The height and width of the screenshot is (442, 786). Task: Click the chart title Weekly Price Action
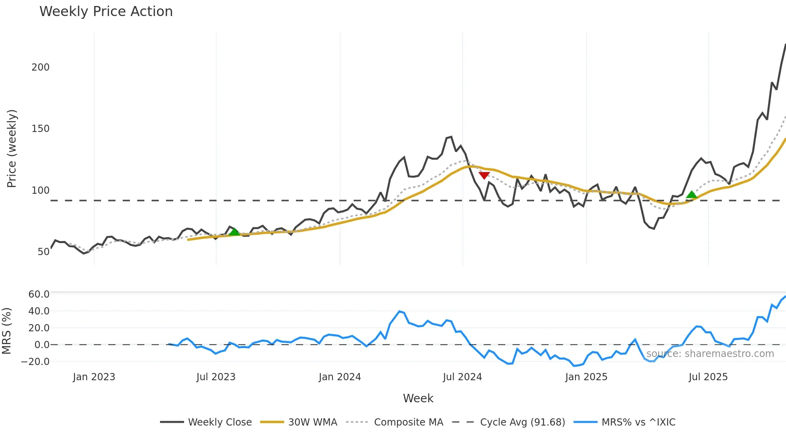pyautogui.click(x=106, y=12)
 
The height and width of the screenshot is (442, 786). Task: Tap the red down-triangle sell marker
pyautogui.click(x=484, y=175)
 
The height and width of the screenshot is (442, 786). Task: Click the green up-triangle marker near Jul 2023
pyautogui.click(x=234, y=232)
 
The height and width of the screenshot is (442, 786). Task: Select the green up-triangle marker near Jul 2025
pyautogui.click(x=691, y=195)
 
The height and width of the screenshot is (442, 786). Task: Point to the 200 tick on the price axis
pyautogui.click(x=41, y=67)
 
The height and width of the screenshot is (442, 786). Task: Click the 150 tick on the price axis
pyautogui.click(x=41, y=129)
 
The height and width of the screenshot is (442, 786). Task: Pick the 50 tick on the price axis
pyautogui.click(x=43, y=252)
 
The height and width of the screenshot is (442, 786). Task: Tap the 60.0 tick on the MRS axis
pyautogui.click(x=39, y=294)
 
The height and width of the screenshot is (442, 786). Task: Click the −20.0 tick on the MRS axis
pyautogui.click(x=35, y=362)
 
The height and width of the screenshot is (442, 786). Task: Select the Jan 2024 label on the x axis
pyautogui.click(x=340, y=377)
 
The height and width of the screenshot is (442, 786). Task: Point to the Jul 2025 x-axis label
pyautogui.click(x=708, y=377)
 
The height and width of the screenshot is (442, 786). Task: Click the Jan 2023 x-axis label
pyautogui.click(x=94, y=377)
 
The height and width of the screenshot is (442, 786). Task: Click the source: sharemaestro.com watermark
pyautogui.click(x=710, y=354)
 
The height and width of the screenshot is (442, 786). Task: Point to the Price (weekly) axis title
pyautogui.click(x=12, y=148)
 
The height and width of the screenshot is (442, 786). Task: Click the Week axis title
pyautogui.click(x=418, y=398)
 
